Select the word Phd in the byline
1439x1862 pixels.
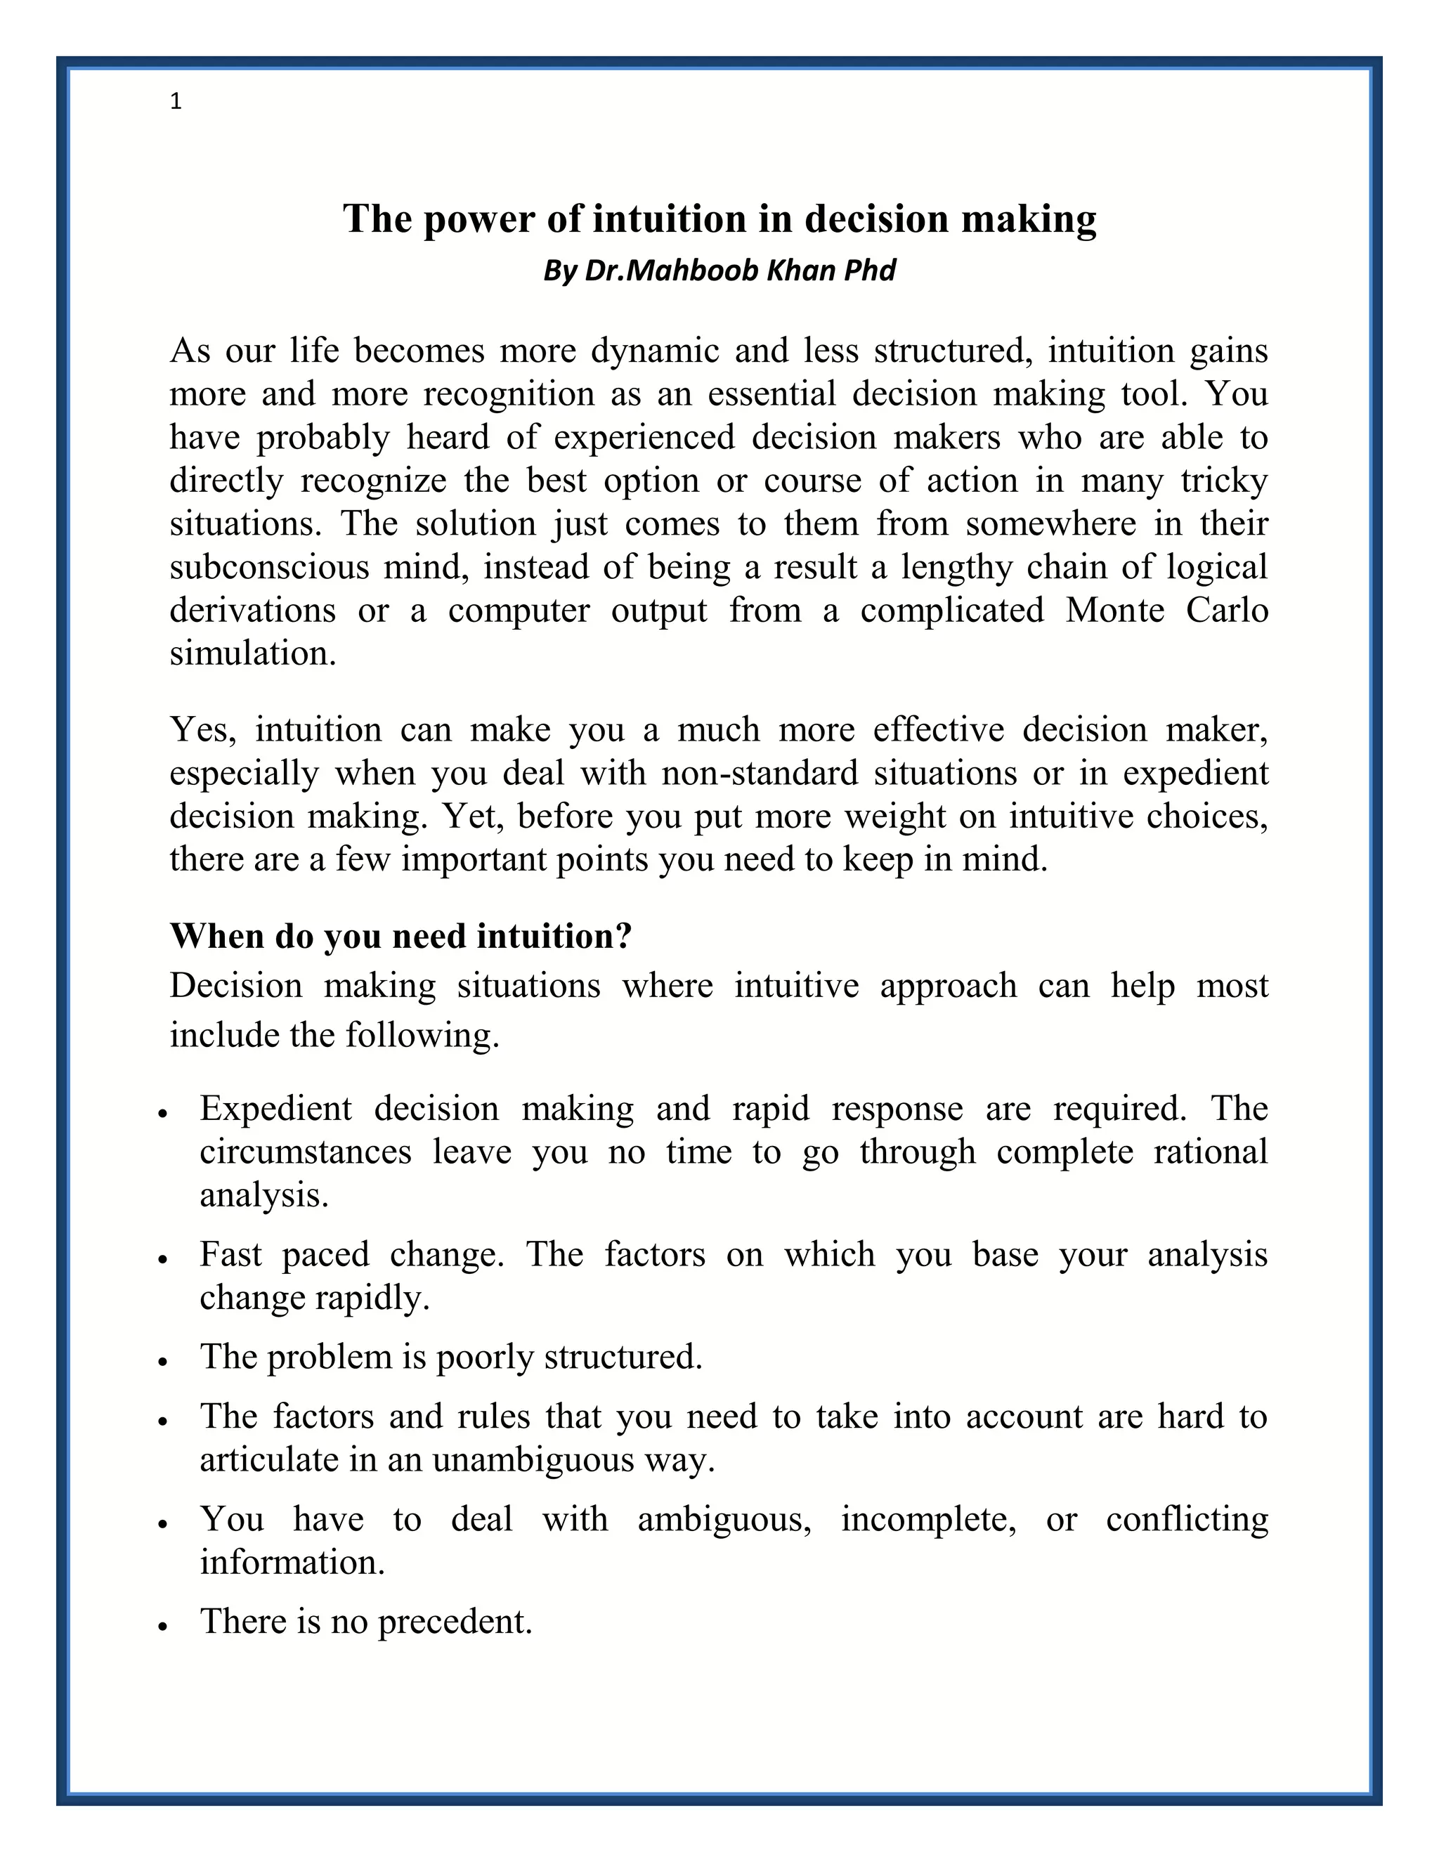[870, 271]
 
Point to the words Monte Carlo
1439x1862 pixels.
[1166, 611]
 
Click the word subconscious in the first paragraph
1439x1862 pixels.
[269, 567]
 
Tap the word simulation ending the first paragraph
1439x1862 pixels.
[252, 654]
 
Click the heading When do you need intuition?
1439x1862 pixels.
[401, 936]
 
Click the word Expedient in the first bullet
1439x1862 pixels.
[275, 1108]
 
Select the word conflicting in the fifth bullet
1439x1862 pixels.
[1187, 1518]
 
